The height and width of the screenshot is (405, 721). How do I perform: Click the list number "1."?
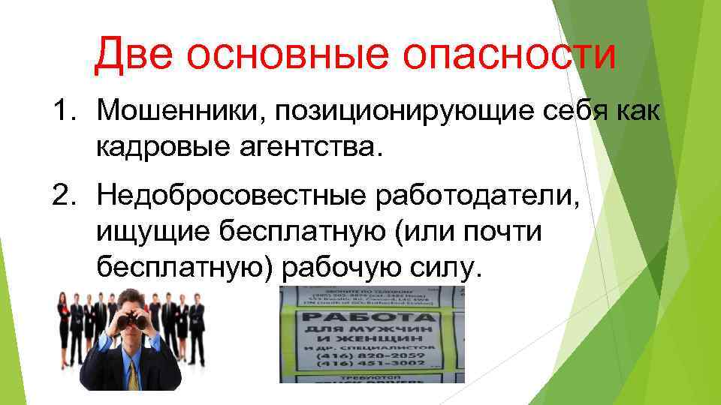[x=65, y=113]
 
